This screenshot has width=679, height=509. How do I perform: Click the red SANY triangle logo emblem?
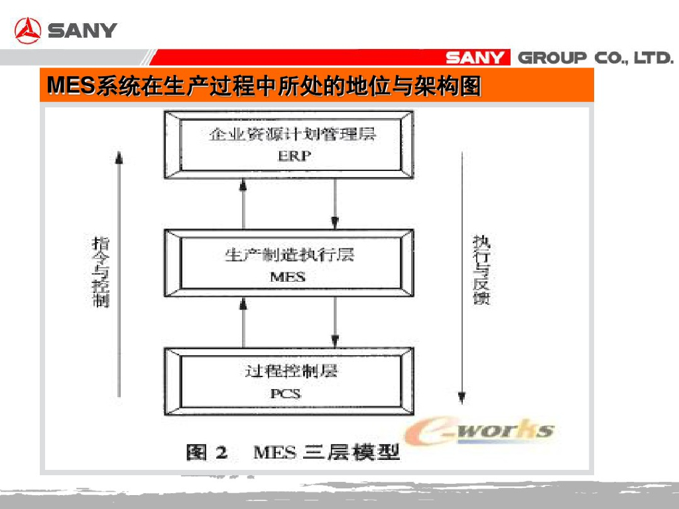pos(28,30)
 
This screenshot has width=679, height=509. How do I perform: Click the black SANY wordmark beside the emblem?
pos(82,30)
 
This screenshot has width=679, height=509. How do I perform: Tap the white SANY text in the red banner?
pos(474,58)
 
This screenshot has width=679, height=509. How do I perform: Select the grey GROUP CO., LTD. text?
pos(595,58)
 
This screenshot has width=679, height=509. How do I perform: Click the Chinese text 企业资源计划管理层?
pos(292,135)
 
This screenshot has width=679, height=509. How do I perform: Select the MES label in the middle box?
pos(288,277)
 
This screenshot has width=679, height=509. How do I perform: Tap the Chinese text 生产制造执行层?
pos(289,254)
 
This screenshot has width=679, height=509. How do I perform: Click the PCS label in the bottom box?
pos(286,393)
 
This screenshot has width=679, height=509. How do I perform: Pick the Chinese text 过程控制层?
pos(291,370)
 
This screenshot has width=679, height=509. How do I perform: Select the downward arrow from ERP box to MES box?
pos(336,204)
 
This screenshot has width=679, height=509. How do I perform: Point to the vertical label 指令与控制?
pos(101,272)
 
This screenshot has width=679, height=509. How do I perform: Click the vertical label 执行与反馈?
pos(481,269)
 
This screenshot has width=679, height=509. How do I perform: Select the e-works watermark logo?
pos(480,431)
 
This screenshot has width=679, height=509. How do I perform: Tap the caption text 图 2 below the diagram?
pos(207,453)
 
